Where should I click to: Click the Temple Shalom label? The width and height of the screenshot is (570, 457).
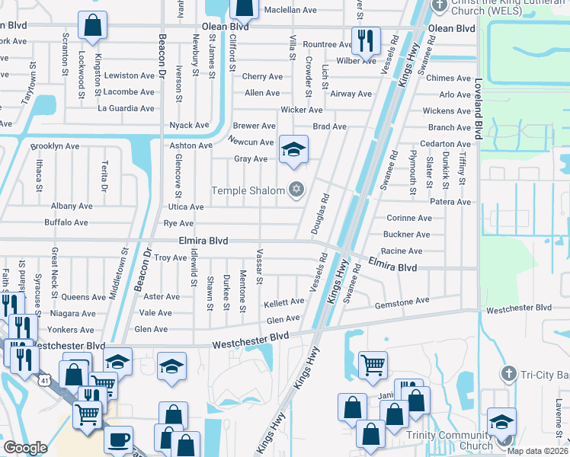click(248, 190)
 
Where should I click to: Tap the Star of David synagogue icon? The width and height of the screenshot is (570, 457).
click(296, 190)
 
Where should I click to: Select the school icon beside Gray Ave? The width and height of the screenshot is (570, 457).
click(293, 151)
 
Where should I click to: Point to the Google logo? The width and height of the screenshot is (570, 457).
click(25, 448)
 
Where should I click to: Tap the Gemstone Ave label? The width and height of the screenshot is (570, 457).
click(402, 302)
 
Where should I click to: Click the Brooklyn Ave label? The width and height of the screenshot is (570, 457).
click(54, 145)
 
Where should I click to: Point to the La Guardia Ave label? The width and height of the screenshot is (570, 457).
click(126, 108)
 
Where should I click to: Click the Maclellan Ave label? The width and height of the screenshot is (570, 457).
click(290, 10)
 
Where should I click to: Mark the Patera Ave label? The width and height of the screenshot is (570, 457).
click(450, 202)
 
